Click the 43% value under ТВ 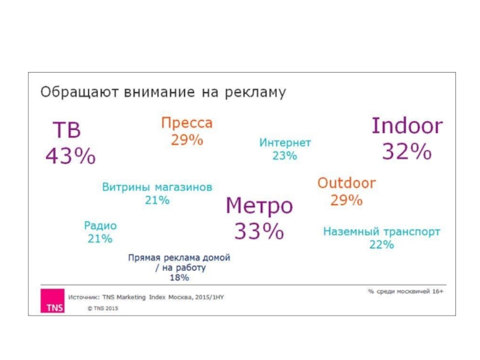coord(71,157)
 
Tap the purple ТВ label coord(67,130)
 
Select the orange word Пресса coord(187,124)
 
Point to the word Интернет coord(285,143)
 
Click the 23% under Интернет coord(284,156)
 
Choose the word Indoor coord(407,126)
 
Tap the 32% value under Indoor coord(407,152)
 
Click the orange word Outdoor coord(346,183)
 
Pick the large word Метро coord(259,206)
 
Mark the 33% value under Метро coord(259,231)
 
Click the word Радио coord(100,226)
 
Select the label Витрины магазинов coord(157,187)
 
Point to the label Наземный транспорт coord(382,232)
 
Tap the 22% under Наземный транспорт coord(382,245)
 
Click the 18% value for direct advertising coord(179,278)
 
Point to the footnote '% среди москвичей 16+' coord(406,291)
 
